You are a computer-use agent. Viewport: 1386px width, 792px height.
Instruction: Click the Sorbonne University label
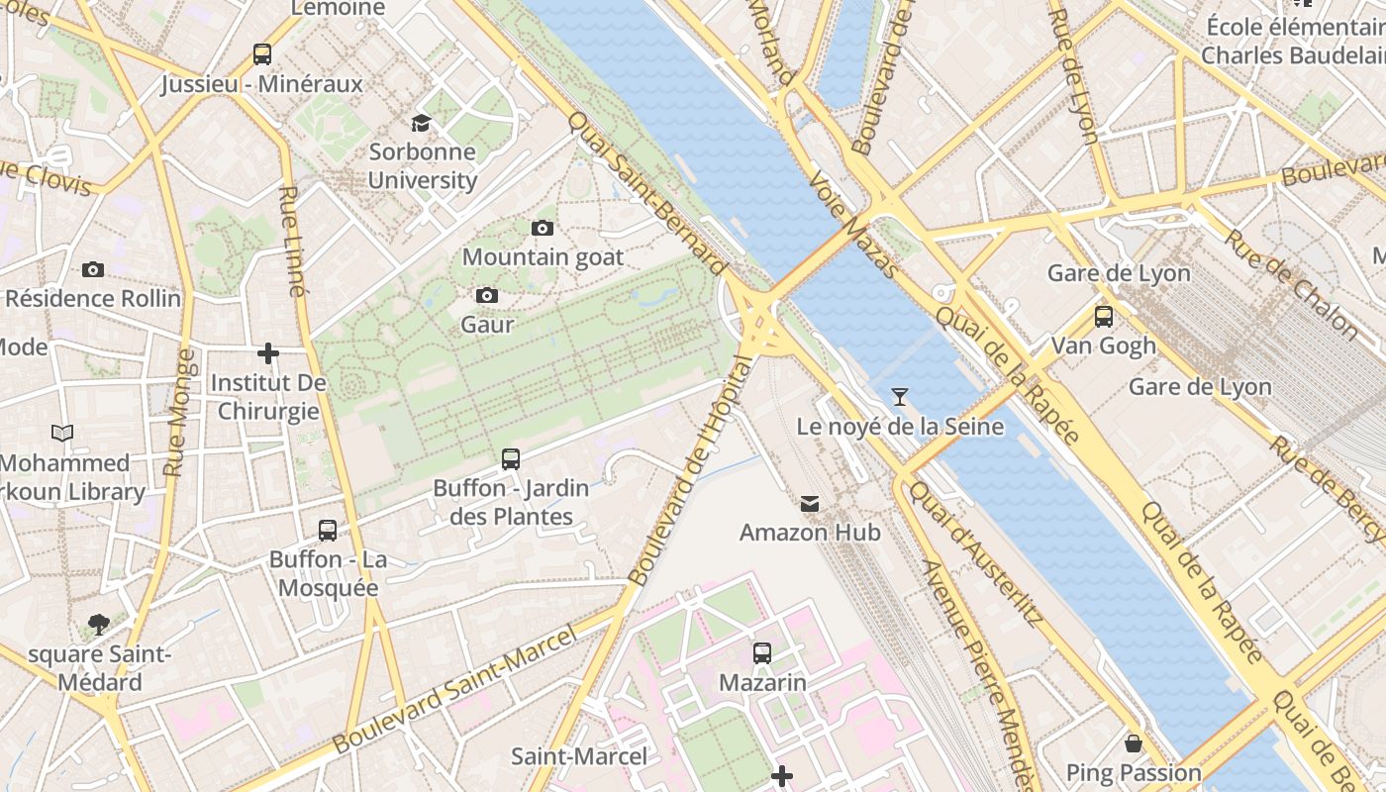[423, 166]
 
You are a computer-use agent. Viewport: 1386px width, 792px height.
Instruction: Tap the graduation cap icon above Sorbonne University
[421, 123]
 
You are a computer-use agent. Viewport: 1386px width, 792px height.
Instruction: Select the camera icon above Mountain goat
[542, 229]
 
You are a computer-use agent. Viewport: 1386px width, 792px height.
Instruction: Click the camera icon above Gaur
[486, 295]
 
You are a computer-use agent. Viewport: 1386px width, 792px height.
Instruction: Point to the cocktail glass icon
[899, 397]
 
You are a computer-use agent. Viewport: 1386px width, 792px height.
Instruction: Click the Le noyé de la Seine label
[900, 427]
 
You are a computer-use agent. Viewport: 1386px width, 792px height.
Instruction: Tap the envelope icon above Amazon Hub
[810, 504]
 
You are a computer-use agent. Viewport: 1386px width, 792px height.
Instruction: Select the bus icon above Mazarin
[761, 653]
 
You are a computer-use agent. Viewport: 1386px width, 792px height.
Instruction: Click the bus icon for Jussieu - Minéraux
[262, 54]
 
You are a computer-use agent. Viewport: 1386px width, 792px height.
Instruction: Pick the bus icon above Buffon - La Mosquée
[328, 531]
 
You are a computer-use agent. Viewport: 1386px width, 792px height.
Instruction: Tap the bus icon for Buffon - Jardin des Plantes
[511, 459]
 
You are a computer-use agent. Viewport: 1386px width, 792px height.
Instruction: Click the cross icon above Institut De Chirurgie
[267, 353]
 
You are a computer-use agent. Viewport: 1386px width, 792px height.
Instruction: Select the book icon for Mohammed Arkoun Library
[62, 433]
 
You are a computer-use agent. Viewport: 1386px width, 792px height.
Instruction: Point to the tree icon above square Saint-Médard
[98, 624]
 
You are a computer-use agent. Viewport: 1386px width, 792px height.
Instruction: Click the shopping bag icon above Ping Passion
[1134, 742]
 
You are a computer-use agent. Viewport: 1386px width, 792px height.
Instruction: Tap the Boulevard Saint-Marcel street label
[454, 689]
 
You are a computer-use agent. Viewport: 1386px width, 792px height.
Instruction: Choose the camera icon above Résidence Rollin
[93, 269]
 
